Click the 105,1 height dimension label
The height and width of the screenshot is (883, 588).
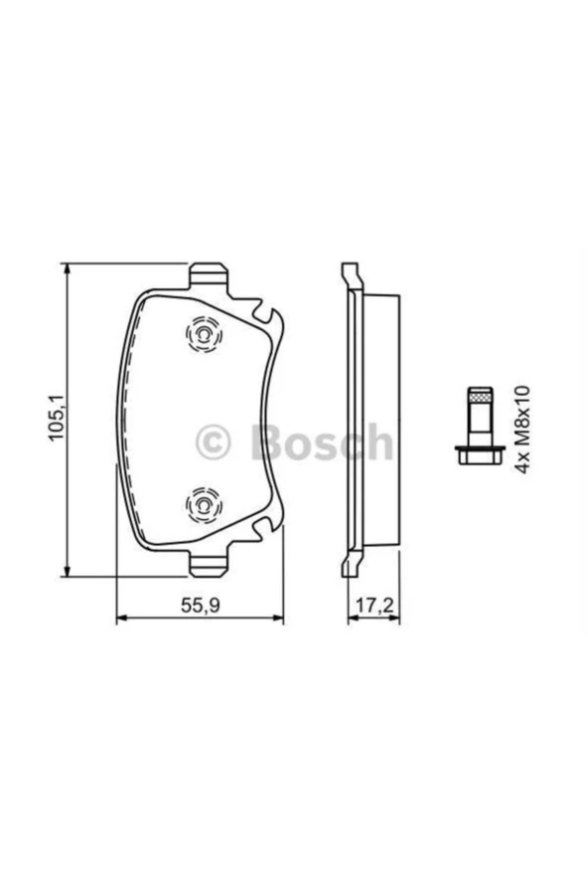click(57, 418)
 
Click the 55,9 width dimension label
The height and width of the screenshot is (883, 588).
click(200, 605)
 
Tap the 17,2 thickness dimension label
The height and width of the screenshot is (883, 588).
click(373, 605)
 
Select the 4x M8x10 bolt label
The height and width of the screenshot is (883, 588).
click(522, 430)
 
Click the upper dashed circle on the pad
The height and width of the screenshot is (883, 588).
click(204, 334)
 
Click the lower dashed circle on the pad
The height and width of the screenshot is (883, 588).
click(204, 504)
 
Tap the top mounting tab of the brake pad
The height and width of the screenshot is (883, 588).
click(209, 276)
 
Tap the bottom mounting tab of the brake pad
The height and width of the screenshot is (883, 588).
click(209, 563)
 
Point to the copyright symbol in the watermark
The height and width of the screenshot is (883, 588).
click(214, 442)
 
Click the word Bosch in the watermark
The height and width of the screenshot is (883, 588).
click(320, 441)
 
